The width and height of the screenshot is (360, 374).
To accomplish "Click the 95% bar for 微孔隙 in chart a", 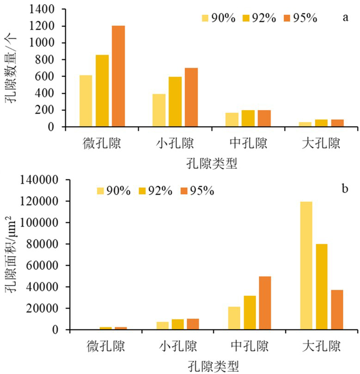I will pyautogui.click(x=118, y=76).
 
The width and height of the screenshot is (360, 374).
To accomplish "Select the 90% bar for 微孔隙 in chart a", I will pyautogui.click(x=85, y=101).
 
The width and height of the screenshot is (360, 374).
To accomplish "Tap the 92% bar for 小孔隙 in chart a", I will pyautogui.click(x=175, y=102).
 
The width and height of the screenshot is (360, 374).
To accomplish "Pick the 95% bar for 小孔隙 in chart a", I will pyautogui.click(x=191, y=97).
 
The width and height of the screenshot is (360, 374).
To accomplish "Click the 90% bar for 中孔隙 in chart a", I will pyautogui.click(x=232, y=120).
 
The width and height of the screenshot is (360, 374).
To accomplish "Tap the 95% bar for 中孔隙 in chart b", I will pyautogui.click(x=265, y=303).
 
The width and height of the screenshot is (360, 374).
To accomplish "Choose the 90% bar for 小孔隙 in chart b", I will pyautogui.click(x=163, y=325).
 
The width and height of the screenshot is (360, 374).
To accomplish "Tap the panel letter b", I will pyautogui.click(x=344, y=188).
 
